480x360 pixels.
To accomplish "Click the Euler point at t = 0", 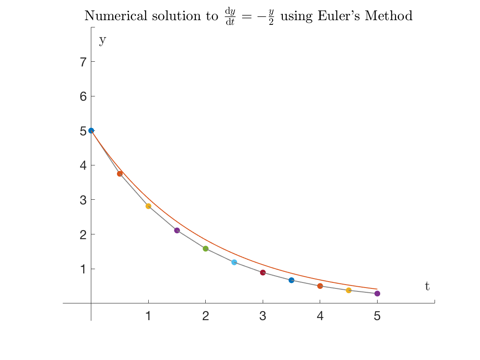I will [x=91, y=131].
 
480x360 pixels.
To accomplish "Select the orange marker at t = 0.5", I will [x=120, y=174].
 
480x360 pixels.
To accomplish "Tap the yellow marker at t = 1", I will [x=148, y=206].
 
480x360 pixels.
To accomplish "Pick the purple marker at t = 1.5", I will [x=177, y=231].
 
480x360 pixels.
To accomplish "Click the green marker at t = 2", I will [x=205, y=249].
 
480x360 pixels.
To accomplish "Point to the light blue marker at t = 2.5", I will [x=234, y=262].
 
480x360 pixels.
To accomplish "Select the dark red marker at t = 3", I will [x=263, y=273].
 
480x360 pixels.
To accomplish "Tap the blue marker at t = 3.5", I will [x=291, y=280].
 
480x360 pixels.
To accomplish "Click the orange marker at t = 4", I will [x=320, y=286].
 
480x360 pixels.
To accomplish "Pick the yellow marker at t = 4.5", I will [x=348, y=291].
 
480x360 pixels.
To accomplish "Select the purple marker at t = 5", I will [x=377, y=294].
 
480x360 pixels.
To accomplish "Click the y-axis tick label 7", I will [x=84, y=62].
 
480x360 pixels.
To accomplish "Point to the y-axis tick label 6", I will [x=84, y=96].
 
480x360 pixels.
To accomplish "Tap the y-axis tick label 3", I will [x=84, y=200].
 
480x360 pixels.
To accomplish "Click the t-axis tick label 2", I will [x=205, y=316].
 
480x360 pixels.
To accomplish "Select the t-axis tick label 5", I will [x=377, y=316].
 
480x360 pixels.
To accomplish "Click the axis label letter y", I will [x=102, y=40].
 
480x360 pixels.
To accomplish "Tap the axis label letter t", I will [x=427, y=286].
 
